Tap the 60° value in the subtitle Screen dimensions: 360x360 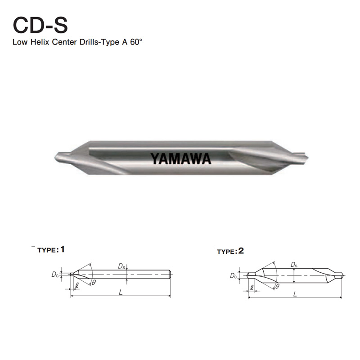(137, 44)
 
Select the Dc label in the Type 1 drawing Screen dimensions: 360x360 (54, 274)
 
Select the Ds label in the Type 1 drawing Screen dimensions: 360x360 (121, 267)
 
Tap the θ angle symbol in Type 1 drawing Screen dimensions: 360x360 (94, 283)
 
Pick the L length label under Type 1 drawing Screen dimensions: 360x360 (121, 292)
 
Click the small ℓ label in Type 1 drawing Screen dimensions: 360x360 (77, 285)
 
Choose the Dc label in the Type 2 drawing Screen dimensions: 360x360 (233, 275)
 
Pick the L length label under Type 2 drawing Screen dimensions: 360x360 (295, 294)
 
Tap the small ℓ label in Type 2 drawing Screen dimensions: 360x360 (251, 287)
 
